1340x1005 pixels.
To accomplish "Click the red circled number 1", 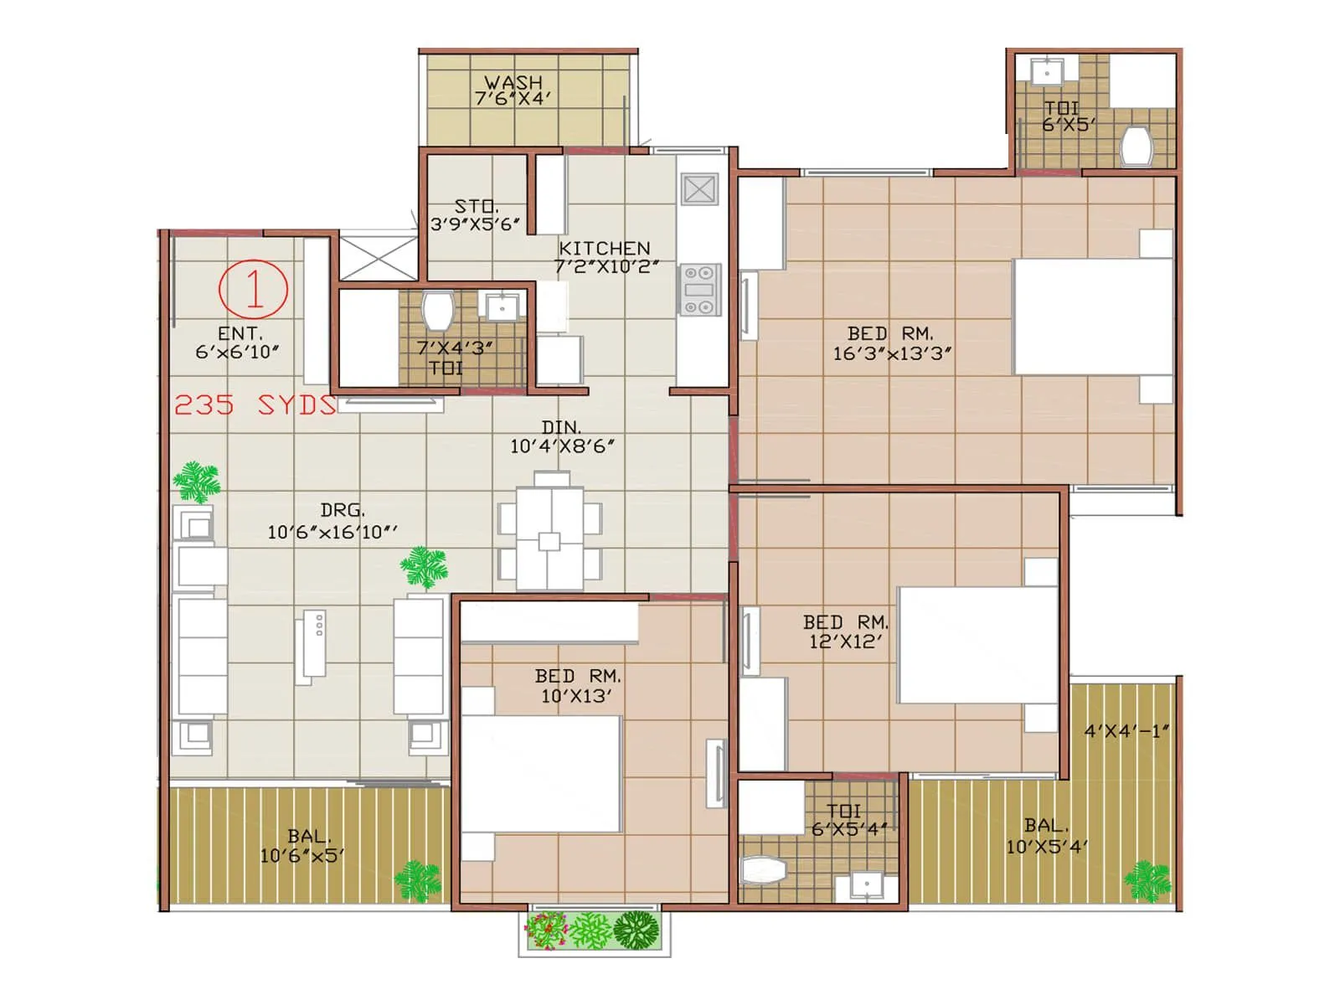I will pyautogui.click(x=254, y=288).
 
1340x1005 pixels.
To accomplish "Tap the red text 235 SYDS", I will pyautogui.click(x=255, y=405).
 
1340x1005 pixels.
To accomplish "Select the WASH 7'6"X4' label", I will pyautogui.click(x=513, y=90).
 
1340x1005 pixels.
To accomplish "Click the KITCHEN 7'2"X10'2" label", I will pyautogui.click(x=606, y=257).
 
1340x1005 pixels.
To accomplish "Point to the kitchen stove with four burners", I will pyautogui.click(x=699, y=290).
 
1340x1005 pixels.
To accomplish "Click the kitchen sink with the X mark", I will pyautogui.click(x=698, y=189).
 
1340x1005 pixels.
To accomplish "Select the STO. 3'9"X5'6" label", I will pyautogui.click(x=475, y=215).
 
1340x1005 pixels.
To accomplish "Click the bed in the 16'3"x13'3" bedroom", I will pyautogui.click(x=1092, y=317).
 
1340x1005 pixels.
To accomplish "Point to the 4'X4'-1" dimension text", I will pyautogui.click(x=1126, y=731).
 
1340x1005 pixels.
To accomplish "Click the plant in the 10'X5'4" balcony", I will pyautogui.click(x=1146, y=881).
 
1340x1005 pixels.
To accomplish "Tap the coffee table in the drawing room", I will pyautogui.click(x=311, y=645).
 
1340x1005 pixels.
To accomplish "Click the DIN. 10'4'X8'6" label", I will pyautogui.click(x=562, y=437).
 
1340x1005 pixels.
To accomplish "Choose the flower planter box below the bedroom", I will pyautogui.click(x=595, y=930).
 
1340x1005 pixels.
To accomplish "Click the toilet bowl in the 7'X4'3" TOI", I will pyautogui.click(x=437, y=311).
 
